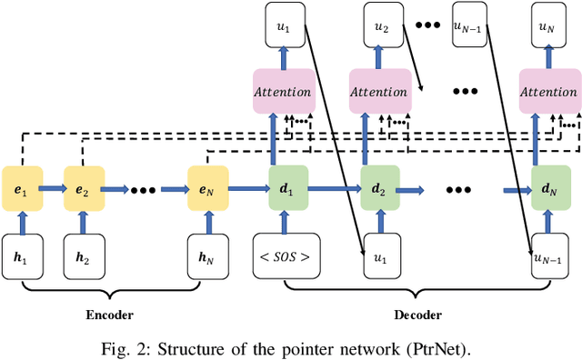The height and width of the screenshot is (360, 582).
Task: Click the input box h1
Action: click(22, 255)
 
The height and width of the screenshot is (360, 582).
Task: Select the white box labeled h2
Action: click(83, 255)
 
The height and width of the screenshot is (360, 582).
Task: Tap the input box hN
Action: click(206, 255)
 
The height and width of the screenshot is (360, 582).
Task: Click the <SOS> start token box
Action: click(286, 255)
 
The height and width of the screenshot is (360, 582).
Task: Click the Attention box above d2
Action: click(379, 92)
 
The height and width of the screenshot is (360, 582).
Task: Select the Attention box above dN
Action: click(549, 92)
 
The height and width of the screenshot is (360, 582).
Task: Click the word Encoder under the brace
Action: click(109, 315)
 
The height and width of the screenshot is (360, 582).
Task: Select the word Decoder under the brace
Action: click(417, 315)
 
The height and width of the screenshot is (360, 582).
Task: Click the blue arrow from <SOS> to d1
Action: click(288, 223)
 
